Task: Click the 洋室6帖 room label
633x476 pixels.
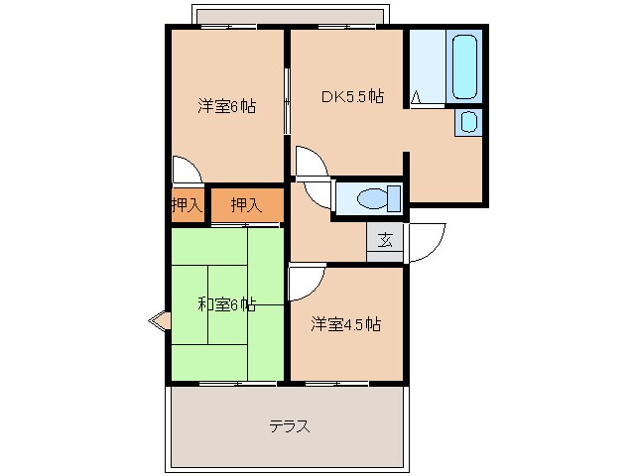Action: (225, 105)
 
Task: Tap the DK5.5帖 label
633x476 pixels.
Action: (350, 97)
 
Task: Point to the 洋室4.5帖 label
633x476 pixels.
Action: (345, 324)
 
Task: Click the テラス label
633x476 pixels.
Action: (289, 427)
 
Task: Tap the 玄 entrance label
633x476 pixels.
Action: (385, 239)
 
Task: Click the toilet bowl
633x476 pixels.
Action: (372, 199)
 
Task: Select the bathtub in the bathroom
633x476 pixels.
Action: (464, 67)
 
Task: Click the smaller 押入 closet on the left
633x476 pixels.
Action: (186, 205)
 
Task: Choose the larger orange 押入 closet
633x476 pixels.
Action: (246, 205)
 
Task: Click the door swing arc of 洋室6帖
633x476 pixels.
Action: (186, 170)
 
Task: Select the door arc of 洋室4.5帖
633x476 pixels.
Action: (306, 282)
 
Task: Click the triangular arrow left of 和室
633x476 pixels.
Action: (157, 320)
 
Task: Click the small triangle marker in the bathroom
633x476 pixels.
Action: (418, 97)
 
